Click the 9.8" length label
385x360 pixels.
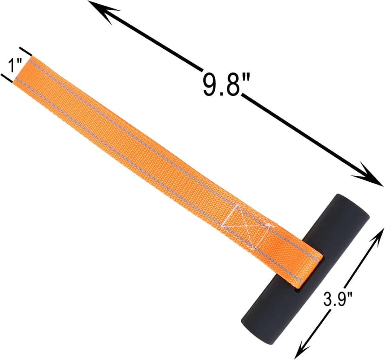[226, 84]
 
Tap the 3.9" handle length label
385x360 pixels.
[338, 299]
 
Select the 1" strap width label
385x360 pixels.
[12, 66]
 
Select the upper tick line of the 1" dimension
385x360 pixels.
[26, 51]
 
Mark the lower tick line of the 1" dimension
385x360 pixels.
[7, 78]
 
